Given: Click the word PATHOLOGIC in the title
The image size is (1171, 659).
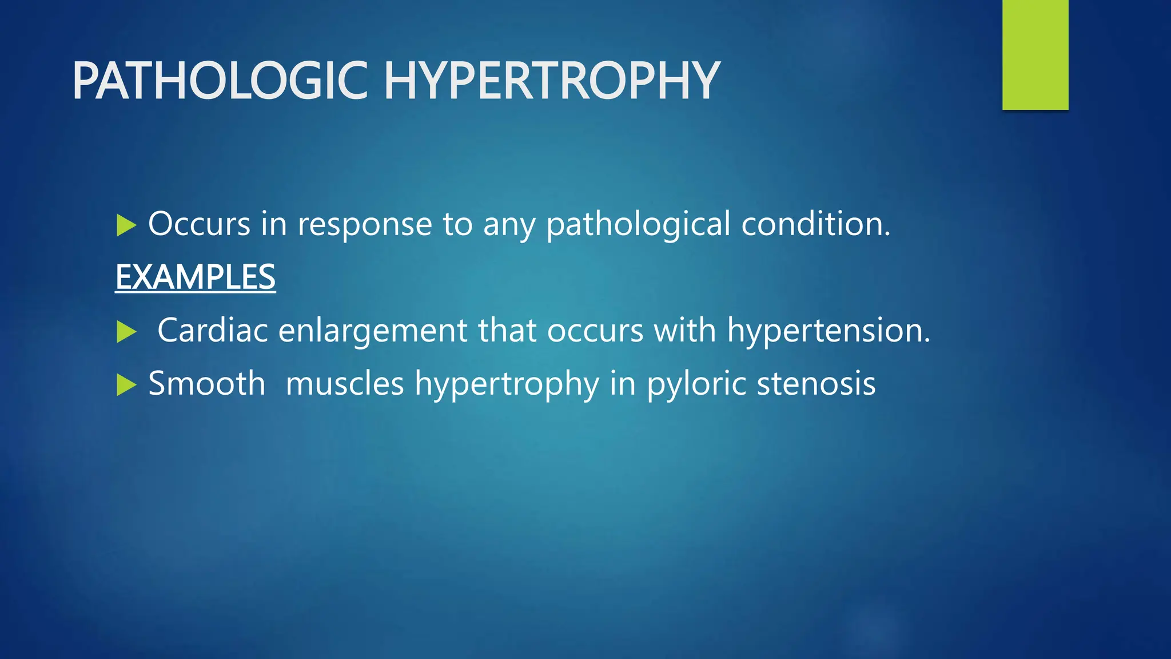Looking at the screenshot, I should click(220, 81).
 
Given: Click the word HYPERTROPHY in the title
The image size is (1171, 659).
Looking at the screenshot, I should click(551, 81).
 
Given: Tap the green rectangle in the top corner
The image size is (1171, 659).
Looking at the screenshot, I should click(1035, 55).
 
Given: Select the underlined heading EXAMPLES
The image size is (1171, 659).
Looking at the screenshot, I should click(195, 277).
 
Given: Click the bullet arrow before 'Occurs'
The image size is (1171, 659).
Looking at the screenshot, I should click(126, 225).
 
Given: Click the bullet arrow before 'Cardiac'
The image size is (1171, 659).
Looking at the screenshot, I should click(126, 332).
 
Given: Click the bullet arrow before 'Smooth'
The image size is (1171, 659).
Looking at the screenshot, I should click(126, 384).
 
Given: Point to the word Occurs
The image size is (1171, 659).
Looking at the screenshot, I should click(199, 224).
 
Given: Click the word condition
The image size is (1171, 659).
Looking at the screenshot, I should click(815, 224).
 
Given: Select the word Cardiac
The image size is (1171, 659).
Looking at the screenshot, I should click(213, 331).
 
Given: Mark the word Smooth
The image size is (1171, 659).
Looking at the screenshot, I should click(206, 383).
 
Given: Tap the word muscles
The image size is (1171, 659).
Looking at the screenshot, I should click(345, 384).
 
